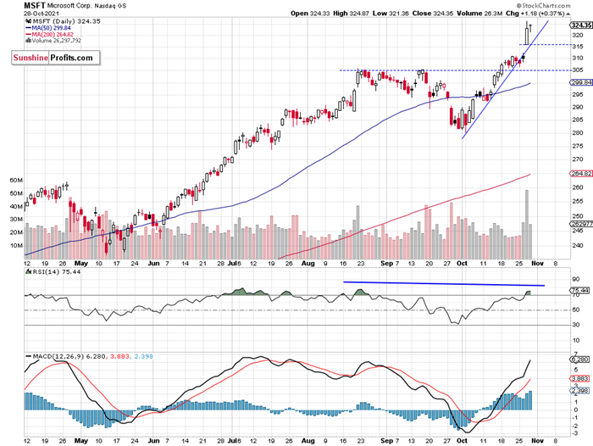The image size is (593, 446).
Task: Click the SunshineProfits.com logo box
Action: point(53,58)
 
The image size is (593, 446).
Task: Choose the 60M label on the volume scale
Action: point(14,181)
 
